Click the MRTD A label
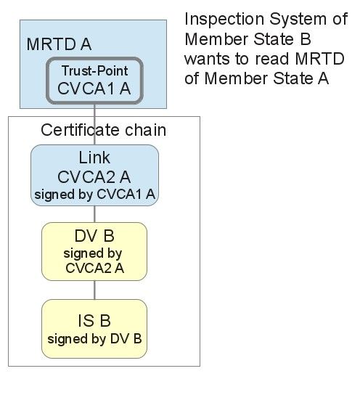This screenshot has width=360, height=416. click(x=59, y=44)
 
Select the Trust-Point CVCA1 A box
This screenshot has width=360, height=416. click(x=94, y=81)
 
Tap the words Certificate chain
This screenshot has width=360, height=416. click(x=104, y=130)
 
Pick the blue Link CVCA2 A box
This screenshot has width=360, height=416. click(x=94, y=175)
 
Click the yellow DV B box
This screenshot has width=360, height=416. click(x=94, y=251)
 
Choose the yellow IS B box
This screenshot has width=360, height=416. click(x=94, y=329)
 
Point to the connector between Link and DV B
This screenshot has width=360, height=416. click(x=94, y=214)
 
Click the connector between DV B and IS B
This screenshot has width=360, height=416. click(x=94, y=290)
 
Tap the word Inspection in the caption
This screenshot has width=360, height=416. click(x=224, y=20)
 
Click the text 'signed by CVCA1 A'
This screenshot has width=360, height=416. click(x=94, y=194)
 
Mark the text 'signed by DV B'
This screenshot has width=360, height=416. click(x=94, y=339)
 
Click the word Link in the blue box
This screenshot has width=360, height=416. click(x=94, y=158)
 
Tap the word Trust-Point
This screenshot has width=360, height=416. click(x=94, y=70)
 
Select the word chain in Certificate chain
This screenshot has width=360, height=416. click(x=146, y=130)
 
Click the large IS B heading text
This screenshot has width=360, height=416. click(x=94, y=320)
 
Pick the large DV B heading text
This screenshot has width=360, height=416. click(x=94, y=236)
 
